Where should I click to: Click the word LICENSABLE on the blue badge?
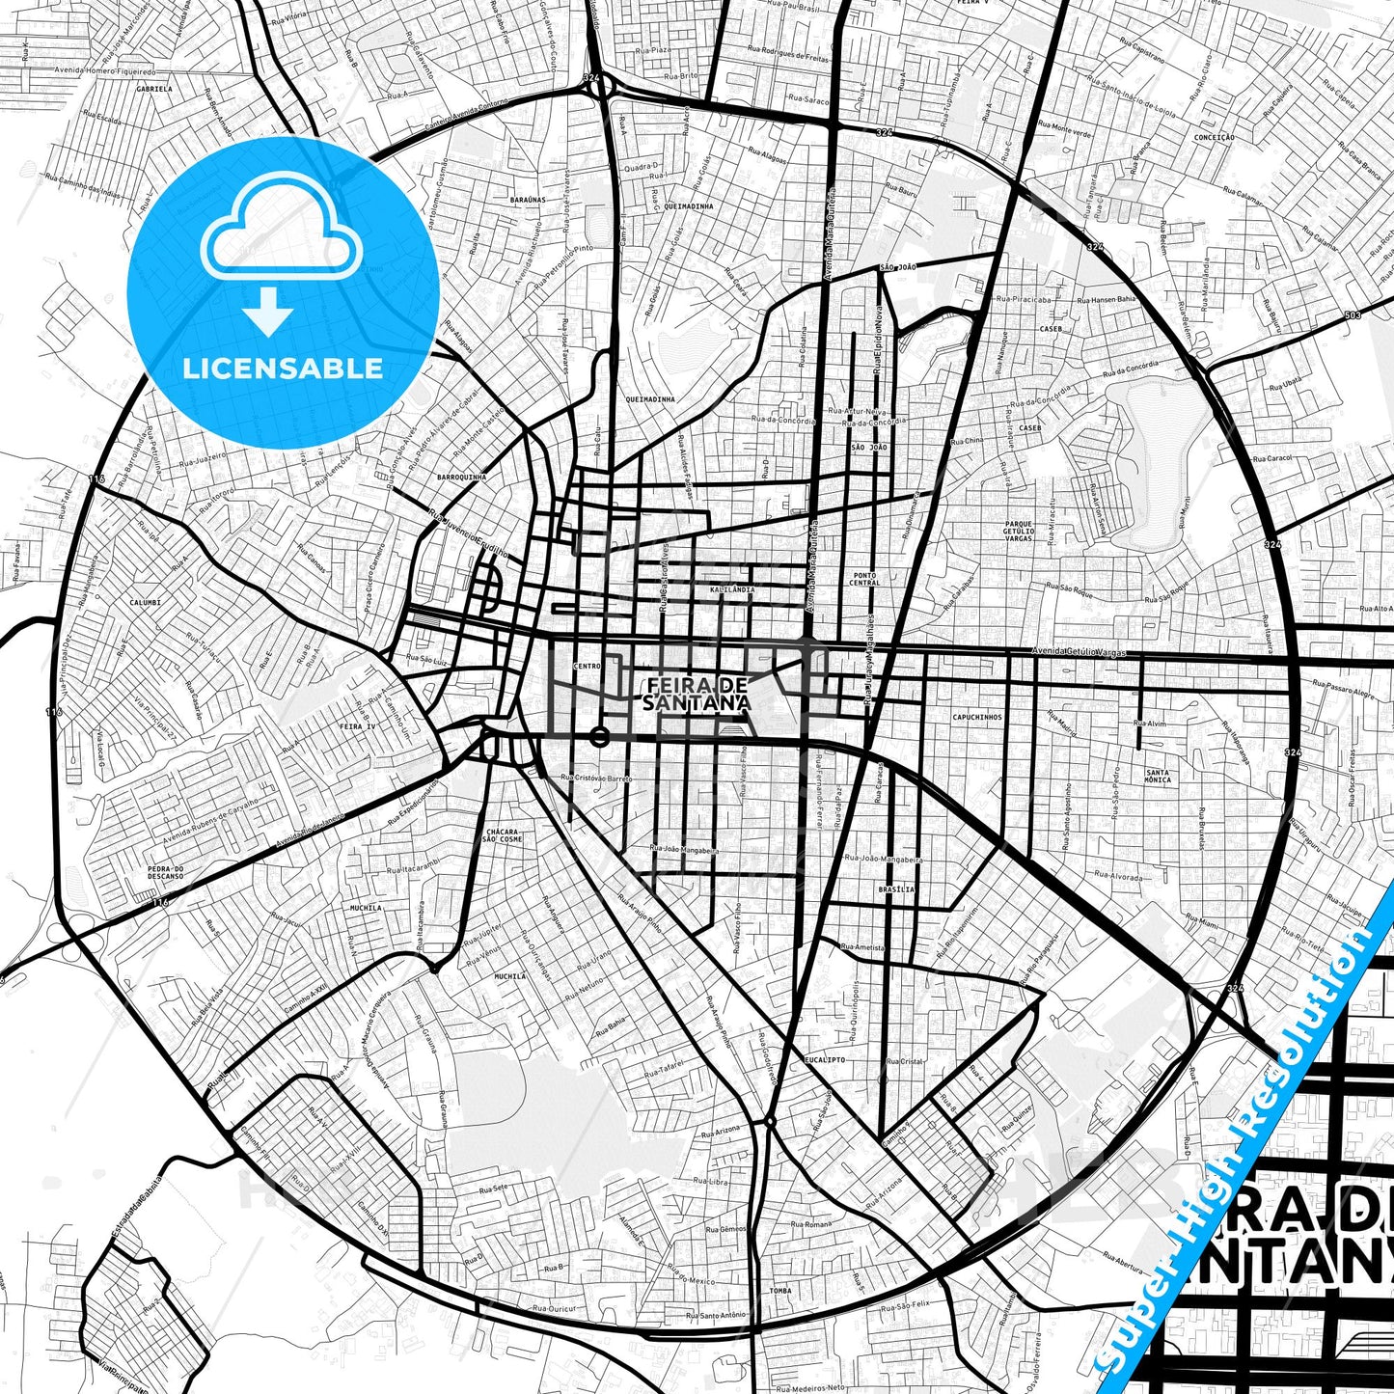(283, 369)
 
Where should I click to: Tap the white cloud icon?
(281, 234)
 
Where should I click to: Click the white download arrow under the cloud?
(268, 311)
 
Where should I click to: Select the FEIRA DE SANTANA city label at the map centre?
(697, 694)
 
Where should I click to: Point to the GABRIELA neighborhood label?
(154, 88)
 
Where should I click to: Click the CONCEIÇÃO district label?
(1214, 138)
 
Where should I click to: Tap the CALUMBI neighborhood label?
(145, 602)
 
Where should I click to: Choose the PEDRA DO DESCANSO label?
(166, 873)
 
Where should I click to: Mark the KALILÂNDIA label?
(731, 588)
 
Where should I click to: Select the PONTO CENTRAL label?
(864, 579)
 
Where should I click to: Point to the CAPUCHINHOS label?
(977, 718)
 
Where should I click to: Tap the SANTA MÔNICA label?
(1158, 776)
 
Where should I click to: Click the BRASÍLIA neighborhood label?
(896, 889)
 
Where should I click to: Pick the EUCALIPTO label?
(824, 1059)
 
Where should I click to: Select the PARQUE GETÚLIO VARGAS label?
(1019, 530)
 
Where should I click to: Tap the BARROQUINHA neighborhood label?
(461, 477)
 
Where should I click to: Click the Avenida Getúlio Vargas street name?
(1078, 652)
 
